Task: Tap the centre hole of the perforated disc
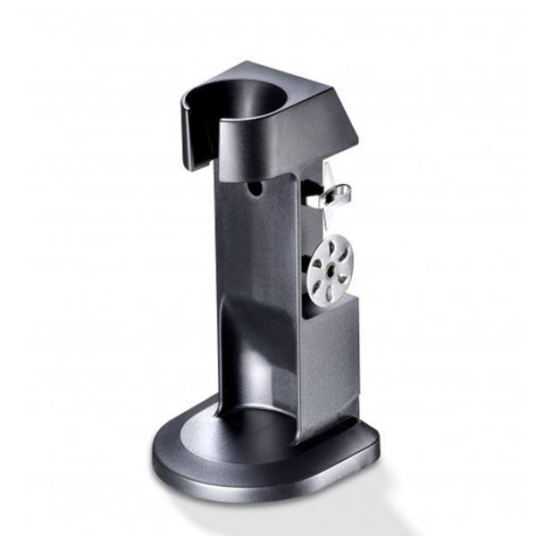coord(331,266)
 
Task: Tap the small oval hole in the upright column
coord(255,189)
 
